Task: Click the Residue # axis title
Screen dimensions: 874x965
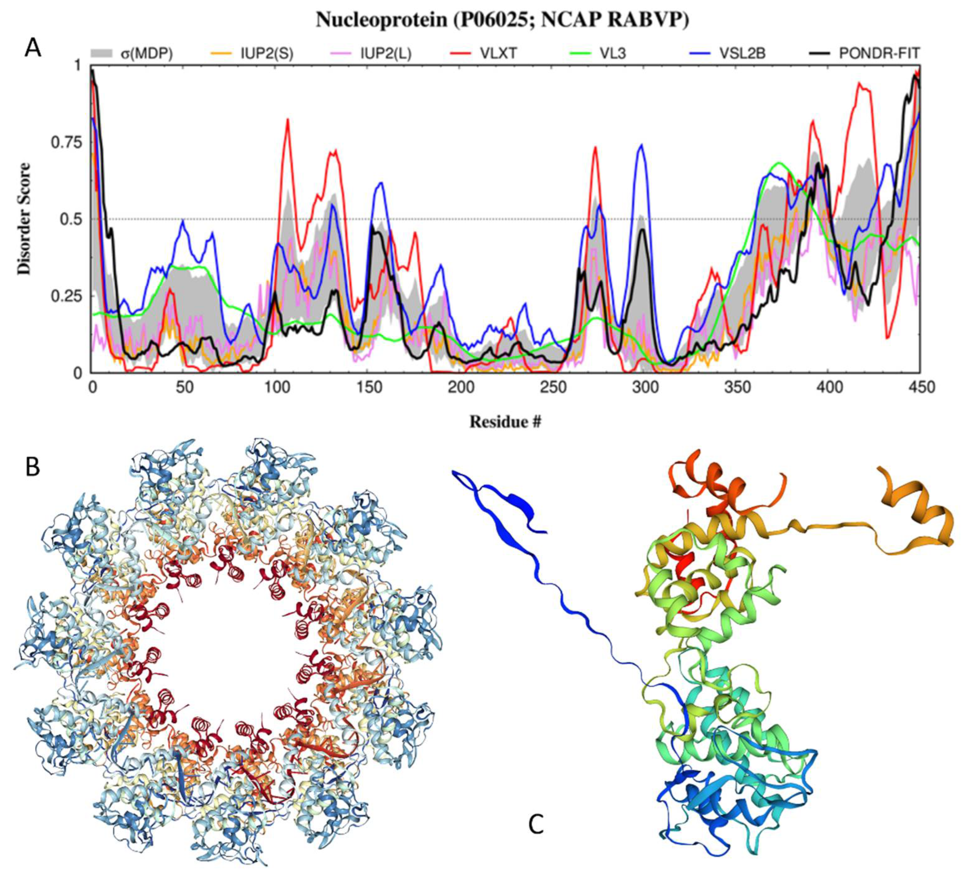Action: (x=505, y=421)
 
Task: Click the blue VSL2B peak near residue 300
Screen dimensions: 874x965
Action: (x=641, y=145)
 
